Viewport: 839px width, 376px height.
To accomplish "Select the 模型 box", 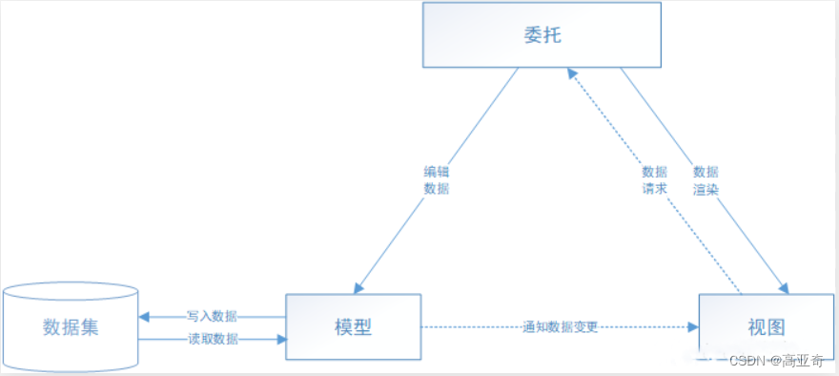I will pos(354,326).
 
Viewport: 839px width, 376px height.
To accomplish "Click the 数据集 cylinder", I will pos(71,326).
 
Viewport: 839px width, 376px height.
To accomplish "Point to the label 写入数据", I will pos(212,316).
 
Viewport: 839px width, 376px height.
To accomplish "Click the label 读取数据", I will pos(212,339).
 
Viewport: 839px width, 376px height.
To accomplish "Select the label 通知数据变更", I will pos(561,326).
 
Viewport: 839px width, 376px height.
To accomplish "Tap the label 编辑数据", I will pos(436,180).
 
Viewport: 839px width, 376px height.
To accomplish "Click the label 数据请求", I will pos(654,180).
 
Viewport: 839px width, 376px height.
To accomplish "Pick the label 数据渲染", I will pos(706,180).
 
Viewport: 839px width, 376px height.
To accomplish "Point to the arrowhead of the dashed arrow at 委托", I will pos(569,73).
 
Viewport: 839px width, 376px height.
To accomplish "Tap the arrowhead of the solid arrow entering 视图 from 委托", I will pos(784,287).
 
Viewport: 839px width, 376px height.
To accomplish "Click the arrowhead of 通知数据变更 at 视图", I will pos(693,326).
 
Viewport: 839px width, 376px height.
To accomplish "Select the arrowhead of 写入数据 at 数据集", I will pos(144,316).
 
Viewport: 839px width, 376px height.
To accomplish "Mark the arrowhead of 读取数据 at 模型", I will pos(281,339).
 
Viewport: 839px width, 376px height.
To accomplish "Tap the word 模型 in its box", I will pos(354,326).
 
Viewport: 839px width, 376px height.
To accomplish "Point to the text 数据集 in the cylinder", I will pos(71,327).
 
